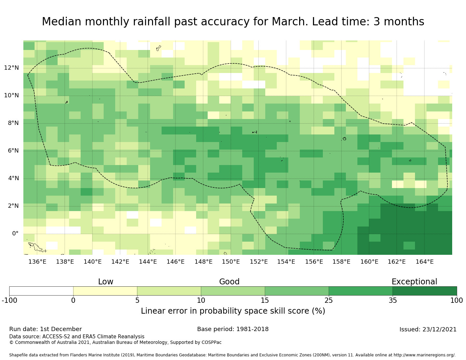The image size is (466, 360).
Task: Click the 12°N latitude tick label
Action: click(x=11, y=68)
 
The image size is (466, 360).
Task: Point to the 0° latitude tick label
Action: click(x=15, y=233)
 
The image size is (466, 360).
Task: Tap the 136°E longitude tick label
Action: click(x=37, y=262)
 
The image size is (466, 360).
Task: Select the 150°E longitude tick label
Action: click(x=231, y=262)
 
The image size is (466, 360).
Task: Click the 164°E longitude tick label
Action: click(x=424, y=262)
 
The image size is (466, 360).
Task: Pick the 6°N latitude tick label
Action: click(x=13, y=151)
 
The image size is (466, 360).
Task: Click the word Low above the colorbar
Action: click(x=106, y=282)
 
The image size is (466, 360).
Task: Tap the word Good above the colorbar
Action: click(x=229, y=282)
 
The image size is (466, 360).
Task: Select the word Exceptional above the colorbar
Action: click(x=414, y=282)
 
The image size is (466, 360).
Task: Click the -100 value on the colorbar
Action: click(x=9, y=300)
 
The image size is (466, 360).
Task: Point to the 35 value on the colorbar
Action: click(x=393, y=300)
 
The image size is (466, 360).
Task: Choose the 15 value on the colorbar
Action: click(x=265, y=300)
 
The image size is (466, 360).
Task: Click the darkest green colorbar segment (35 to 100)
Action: click(x=425, y=291)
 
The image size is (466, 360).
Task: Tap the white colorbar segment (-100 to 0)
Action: click(x=41, y=291)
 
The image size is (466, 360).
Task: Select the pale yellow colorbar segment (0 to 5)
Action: click(x=105, y=291)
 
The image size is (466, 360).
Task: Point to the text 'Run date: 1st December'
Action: click(x=45, y=329)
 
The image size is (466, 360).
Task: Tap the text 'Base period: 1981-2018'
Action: click(x=233, y=329)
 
